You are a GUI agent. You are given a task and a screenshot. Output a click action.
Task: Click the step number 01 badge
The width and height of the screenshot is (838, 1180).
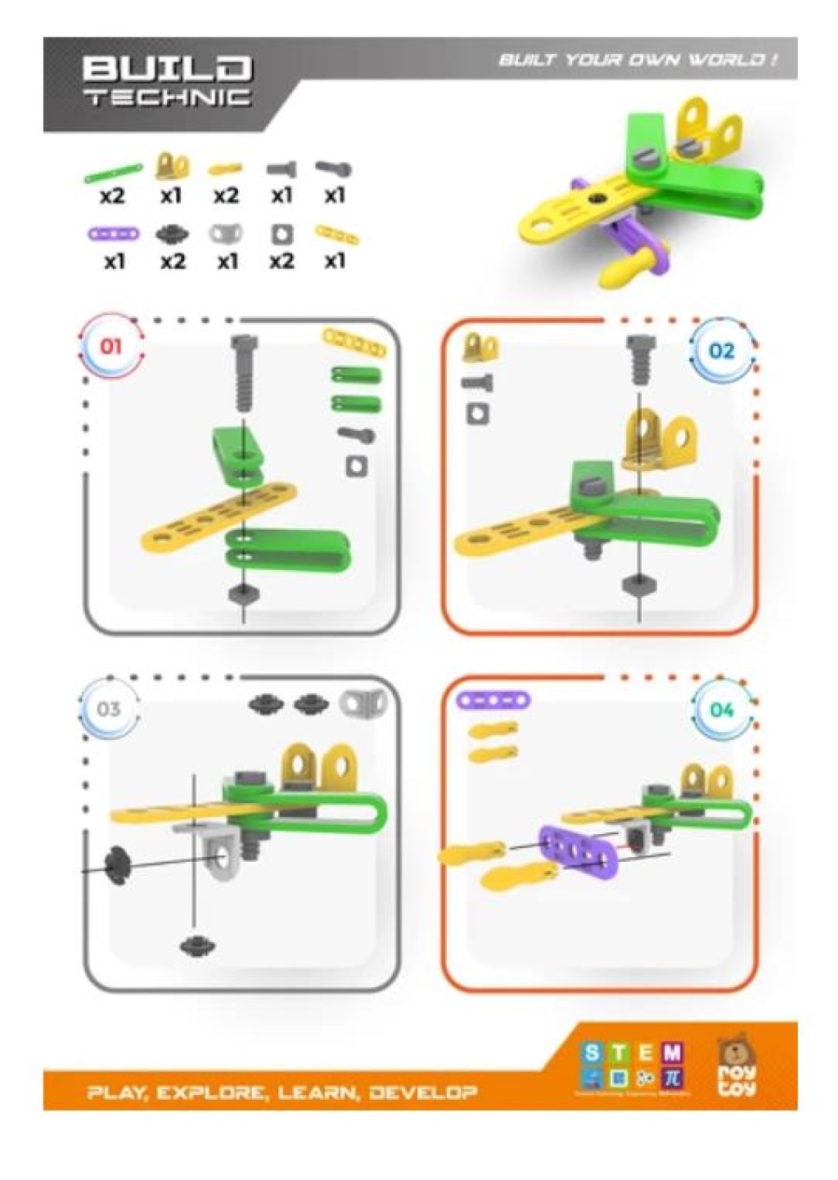110,347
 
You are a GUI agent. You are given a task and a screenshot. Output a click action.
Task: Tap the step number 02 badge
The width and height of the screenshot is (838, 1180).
721,351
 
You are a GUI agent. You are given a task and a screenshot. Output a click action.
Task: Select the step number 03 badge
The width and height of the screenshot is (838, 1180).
109,709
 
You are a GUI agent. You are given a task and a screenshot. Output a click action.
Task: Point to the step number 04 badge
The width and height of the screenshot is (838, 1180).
721,709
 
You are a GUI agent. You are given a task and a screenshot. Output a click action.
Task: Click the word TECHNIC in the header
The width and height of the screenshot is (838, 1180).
167,98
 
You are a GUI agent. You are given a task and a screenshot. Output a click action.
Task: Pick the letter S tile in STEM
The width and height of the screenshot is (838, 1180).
592,1053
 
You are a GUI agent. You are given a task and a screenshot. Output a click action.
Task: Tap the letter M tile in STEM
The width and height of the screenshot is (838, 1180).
672,1053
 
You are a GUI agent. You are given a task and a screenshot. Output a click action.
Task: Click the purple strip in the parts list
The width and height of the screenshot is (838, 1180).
114,235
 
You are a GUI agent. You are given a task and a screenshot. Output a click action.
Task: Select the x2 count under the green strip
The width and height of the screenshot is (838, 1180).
113,196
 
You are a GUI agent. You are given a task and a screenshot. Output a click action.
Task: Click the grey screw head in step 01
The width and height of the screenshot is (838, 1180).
243,345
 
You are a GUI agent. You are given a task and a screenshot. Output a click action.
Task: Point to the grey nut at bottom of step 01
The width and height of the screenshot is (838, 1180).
242,594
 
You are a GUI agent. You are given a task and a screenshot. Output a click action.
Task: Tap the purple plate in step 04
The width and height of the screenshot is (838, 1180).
577,855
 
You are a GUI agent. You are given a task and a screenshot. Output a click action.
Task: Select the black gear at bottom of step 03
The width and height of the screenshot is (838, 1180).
197,946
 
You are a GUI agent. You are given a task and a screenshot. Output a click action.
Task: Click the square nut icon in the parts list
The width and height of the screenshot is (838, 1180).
282,236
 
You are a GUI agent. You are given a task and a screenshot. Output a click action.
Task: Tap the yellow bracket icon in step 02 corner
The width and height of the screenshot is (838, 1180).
480,348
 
